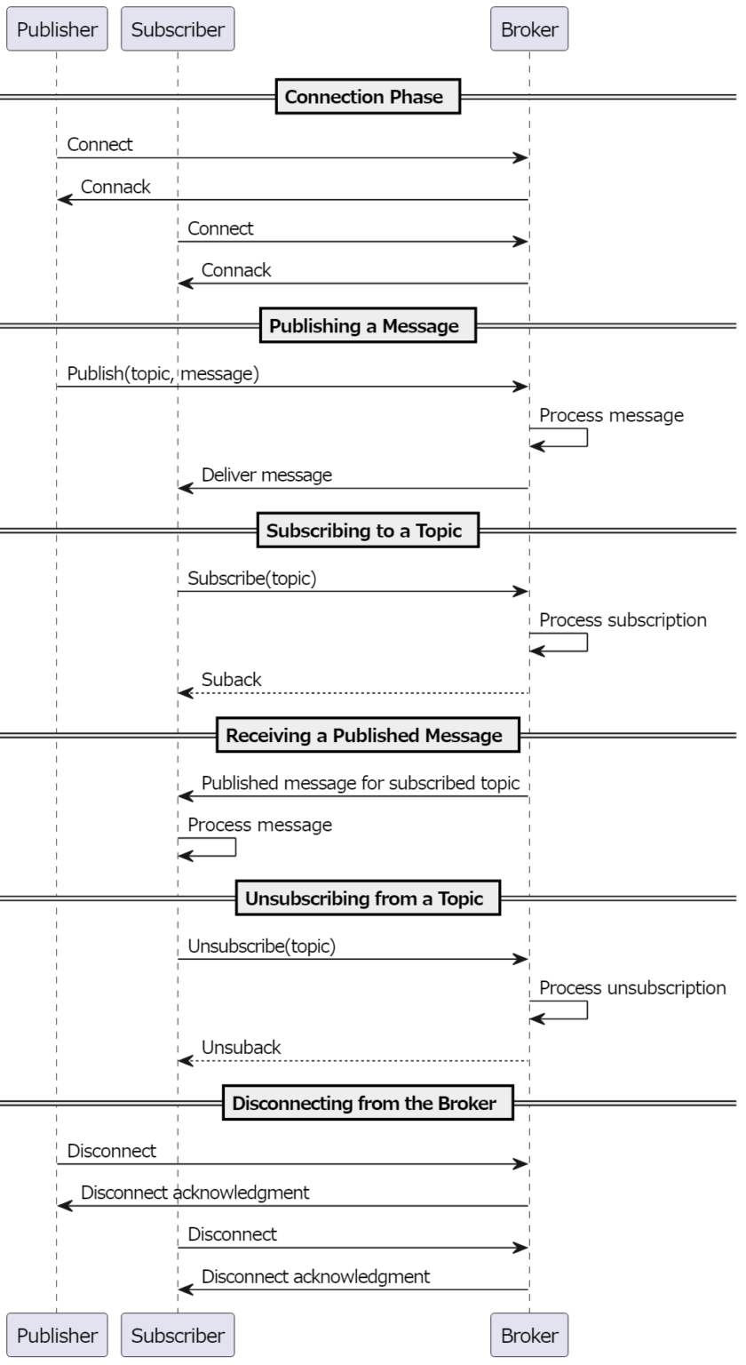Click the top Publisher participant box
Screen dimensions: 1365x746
coord(57,29)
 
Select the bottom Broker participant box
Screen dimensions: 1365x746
coord(529,1335)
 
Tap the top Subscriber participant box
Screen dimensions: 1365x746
coord(178,29)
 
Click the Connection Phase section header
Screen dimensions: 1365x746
coord(364,97)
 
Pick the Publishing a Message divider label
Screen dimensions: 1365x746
coord(364,326)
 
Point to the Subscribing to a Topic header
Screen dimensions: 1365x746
coord(364,531)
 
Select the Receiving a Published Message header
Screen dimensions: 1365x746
coord(364,736)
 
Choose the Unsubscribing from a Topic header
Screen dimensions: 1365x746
coord(364,898)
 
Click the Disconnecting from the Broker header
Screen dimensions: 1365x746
coord(364,1104)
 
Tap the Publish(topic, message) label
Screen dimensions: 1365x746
coord(163,373)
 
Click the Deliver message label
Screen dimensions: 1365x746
coord(266,475)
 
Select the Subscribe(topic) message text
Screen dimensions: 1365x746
coord(252,578)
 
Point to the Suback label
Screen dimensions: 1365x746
coord(232,680)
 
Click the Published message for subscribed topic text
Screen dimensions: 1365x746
coord(361,783)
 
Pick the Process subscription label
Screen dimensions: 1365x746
coord(623,620)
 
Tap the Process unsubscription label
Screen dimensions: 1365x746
coord(632,988)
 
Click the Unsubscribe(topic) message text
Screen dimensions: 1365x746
coord(262,946)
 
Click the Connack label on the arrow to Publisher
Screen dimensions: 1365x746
coord(115,188)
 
